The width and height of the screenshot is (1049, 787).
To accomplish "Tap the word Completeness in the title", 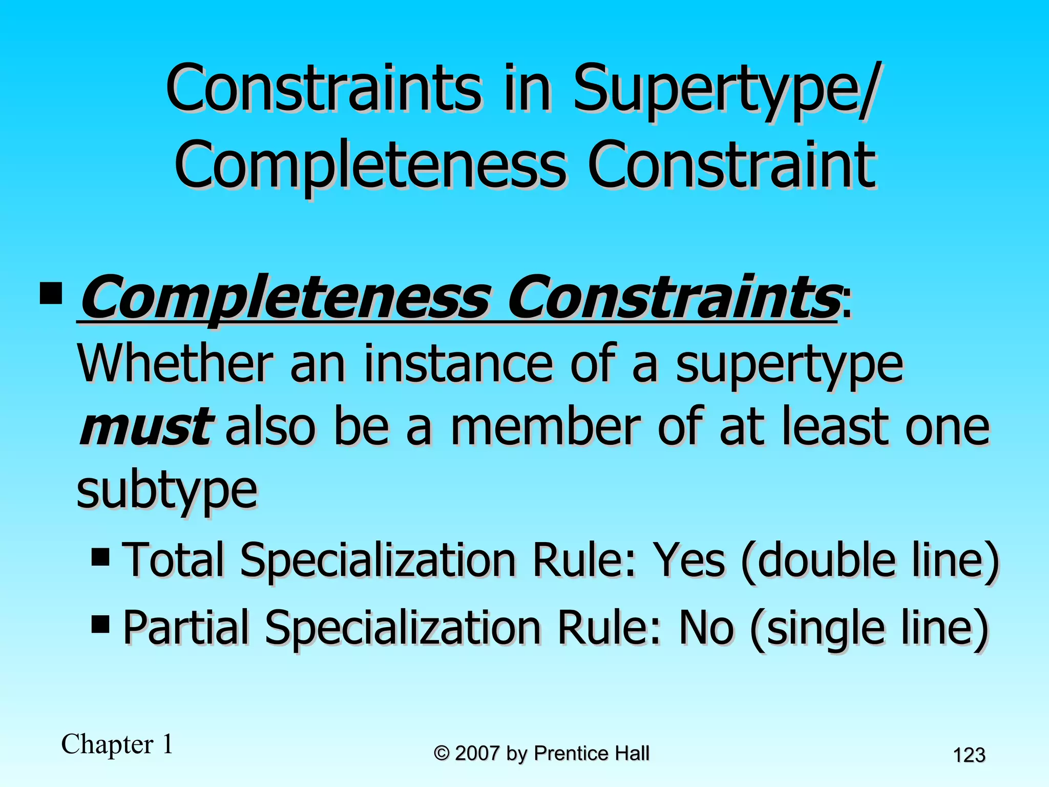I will pos(370,165).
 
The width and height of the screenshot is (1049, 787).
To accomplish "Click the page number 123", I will pos(969,755).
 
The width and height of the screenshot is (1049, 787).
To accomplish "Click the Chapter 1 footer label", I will pos(117,744).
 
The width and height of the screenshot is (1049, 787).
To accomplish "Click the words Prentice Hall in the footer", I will pos(591,753).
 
